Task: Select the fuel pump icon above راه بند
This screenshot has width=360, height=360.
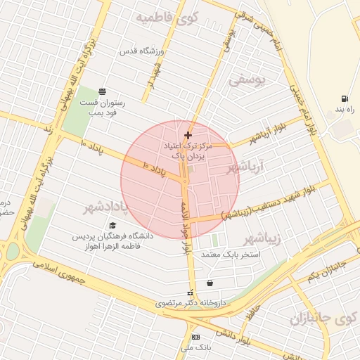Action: pyautogui.click(x=344, y=99)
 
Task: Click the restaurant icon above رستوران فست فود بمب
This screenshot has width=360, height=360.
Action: pyautogui.click(x=103, y=91)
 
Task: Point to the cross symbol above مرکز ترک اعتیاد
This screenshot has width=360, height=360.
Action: pyautogui.click(x=187, y=135)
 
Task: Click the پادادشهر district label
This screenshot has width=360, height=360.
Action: pyautogui.click(x=108, y=207)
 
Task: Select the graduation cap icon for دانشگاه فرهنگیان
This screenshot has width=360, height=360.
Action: pyautogui.click(x=113, y=225)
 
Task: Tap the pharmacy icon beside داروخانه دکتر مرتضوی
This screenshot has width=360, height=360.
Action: pyautogui.click(x=188, y=293)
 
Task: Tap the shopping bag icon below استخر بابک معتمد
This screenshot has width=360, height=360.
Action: pyautogui.click(x=210, y=283)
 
